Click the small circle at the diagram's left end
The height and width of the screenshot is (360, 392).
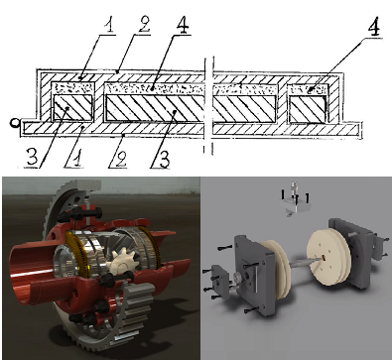(x=14, y=123)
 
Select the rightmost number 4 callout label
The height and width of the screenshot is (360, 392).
(x=374, y=28)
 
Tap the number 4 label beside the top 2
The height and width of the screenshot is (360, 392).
(x=182, y=26)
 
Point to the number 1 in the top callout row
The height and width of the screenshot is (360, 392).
(x=109, y=25)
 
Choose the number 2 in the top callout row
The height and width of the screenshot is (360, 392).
(x=144, y=25)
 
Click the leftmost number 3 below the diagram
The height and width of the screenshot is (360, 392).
(x=32, y=157)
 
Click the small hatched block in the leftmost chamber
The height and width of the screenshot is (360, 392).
(x=73, y=107)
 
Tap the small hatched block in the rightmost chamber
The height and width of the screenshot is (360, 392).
(x=308, y=109)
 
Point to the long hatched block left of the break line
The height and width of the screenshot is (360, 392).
(x=155, y=108)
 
